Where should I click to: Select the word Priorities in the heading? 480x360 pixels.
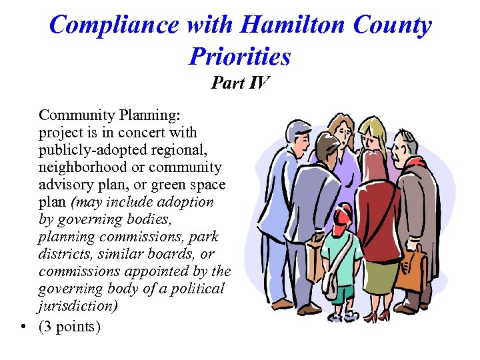pos(240,56)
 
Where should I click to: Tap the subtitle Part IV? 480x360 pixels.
pos(240,83)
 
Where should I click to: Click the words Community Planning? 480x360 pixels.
pos(109,115)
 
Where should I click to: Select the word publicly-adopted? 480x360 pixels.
pos(85,149)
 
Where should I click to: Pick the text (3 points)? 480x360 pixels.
pos(70,326)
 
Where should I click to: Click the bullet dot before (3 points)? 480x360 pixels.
pos(25,327)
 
